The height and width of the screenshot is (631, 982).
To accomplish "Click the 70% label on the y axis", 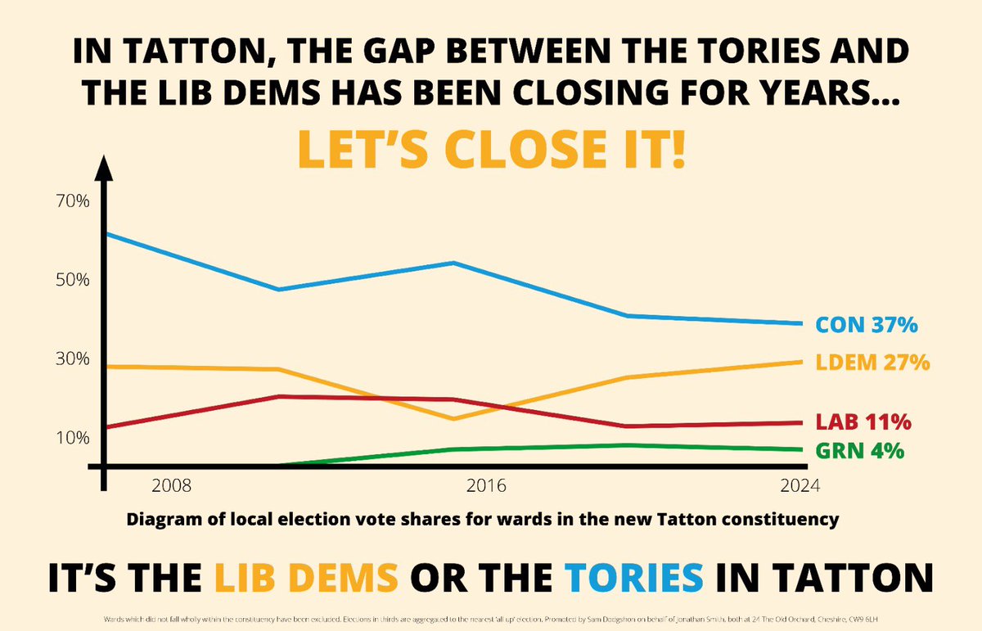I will tap(73, 201).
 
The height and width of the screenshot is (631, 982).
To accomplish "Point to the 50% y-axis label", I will tap(73, 279).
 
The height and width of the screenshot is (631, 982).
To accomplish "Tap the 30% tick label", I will tap(73, 358).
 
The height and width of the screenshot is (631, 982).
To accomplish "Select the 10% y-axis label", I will tap(73, 437).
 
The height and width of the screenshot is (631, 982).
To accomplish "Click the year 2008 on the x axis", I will tap(172, 486).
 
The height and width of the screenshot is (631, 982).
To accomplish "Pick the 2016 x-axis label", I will tap(486, 486).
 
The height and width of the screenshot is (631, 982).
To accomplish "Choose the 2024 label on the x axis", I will tap(800, 486).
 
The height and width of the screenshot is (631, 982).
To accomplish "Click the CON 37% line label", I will tap(867, 325).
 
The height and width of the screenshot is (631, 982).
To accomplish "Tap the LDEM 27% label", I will tap(872, 363).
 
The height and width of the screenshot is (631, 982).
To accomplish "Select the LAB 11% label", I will tap(863, 422).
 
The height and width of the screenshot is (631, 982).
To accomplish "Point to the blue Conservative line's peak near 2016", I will tap(454, 263).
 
